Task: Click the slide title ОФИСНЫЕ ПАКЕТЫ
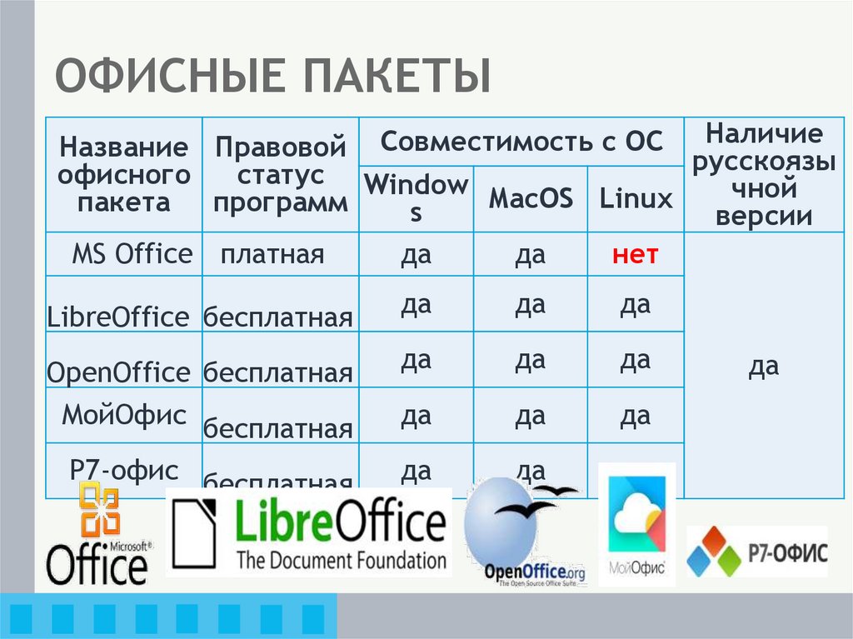272,76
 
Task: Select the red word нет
635,254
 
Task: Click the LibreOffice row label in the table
118,317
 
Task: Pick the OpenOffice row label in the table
118,372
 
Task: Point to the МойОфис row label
124,415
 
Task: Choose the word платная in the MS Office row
272,254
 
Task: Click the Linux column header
636,198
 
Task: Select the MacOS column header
531,198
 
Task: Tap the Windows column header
417,198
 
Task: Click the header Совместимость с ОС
521,141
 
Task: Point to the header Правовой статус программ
281,175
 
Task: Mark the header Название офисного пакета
124,175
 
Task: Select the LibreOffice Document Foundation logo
309,533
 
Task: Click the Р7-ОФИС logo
756,551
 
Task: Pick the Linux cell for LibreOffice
635,306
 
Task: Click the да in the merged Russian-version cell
764,366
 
